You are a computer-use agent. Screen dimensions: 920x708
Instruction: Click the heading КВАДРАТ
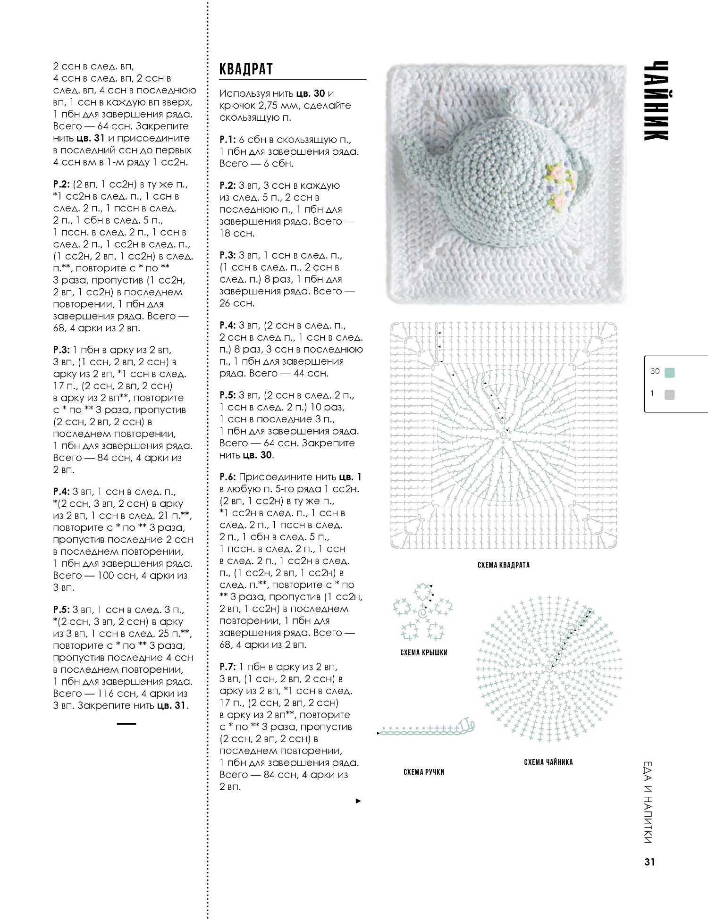pyautogui.click(x=246, y=69)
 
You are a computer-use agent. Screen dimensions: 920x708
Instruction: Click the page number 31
pyautogui.click(x=649, y=862)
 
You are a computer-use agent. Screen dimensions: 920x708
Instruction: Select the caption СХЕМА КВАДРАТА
pyautogui.click(x=503, y=565)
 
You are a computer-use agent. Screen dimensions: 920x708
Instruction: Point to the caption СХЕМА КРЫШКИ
pyautogui.click(x=423, y=652)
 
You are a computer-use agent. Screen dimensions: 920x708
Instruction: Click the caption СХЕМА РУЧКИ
pyautogui.click(x=424, y=772)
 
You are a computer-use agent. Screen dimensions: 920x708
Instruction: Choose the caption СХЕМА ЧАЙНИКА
pyautogui.click(x=548, y=762)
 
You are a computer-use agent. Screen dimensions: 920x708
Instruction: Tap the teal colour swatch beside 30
pyautogui.click(x=669, y=373)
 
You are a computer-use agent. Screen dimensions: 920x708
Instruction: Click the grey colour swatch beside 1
pyautogui.click(x=669, y=394)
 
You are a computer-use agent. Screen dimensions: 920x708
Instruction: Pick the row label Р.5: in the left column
pyautogui.click(x=62, y=610)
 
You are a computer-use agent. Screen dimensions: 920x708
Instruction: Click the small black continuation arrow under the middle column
pyautogui.click(x=358, y=801)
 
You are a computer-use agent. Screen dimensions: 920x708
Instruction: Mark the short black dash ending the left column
pyautogui.click(x=126, y=723)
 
